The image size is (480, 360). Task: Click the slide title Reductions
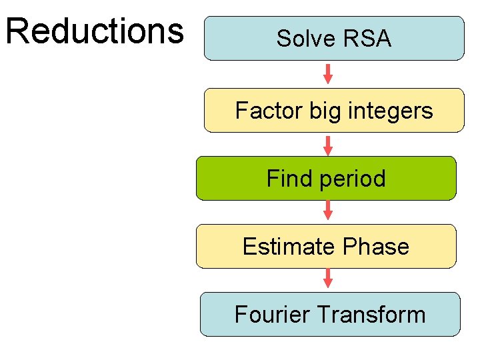point(94,31)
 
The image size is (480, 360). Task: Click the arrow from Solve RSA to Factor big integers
point(327,74)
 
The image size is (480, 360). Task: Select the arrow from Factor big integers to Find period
point(327,144)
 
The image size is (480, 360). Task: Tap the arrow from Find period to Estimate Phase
point(327,211)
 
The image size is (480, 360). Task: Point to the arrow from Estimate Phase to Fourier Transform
point(327,279)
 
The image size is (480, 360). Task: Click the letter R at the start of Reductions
point(17,31)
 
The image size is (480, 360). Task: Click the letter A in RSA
point(383,39)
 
